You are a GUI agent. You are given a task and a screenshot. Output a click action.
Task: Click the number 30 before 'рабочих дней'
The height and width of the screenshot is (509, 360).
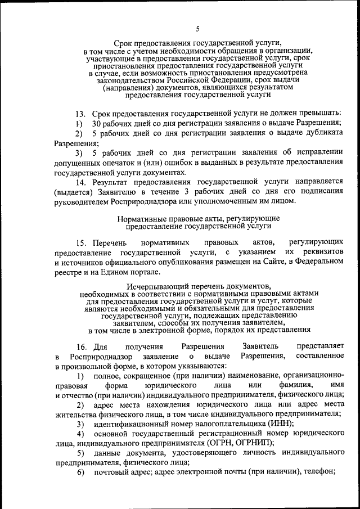click(97, 123)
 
